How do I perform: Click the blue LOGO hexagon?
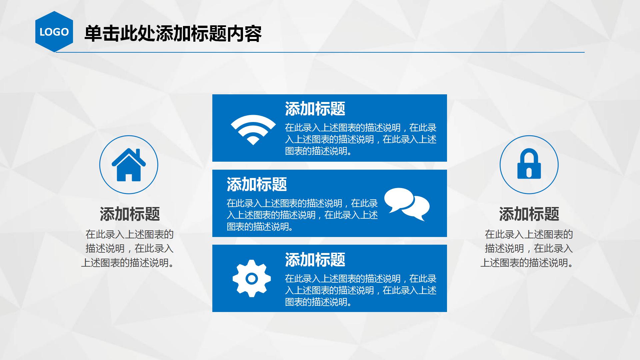coord(54,32)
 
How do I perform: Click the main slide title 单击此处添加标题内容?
coord(173,34)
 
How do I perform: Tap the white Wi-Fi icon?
coord(253,129)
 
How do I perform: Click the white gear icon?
coord(252,278)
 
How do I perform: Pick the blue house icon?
coord(129,165)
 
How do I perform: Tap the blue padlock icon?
coord(529,165)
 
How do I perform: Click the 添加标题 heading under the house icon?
coord(130,214)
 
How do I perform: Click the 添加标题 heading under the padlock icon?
coord(529,214)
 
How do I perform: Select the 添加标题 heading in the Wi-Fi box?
coord(315,109)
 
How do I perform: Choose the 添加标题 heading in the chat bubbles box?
coord(257,184)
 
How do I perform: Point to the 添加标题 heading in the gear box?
coord(315,260)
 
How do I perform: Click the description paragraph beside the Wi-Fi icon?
coord(361,139)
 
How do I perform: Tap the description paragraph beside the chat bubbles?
coord(302,215)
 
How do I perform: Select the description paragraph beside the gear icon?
coord(361,290)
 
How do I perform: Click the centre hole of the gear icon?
coord(252,278)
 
